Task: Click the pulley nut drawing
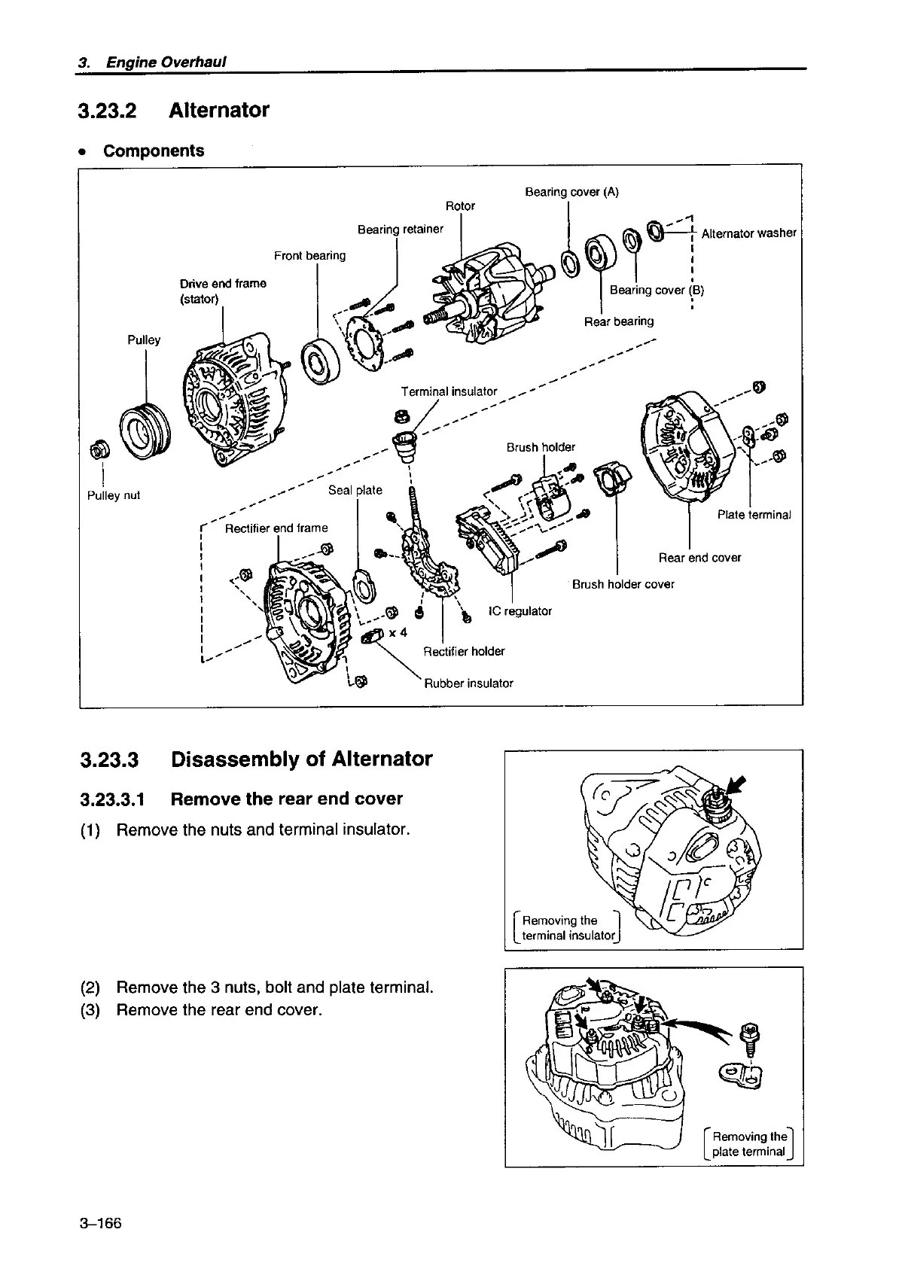[x=98, y=449]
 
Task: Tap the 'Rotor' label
[x=460, y=205]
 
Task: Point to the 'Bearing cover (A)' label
[x=571, y=191]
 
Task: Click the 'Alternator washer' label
[x=748, y=233]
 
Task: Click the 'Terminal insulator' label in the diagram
[x=449, y=391]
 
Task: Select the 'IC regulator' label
[x=520, y=610]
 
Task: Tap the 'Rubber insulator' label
[x=468, y=683]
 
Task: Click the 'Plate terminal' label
[x=754, y=515]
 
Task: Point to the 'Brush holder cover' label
[x=623, y=584]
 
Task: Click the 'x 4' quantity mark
[x=398, y=632]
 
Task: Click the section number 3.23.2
[x=107, y=111]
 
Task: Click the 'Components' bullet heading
[x=153, y=151]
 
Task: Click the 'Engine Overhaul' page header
[x=166, y=62]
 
